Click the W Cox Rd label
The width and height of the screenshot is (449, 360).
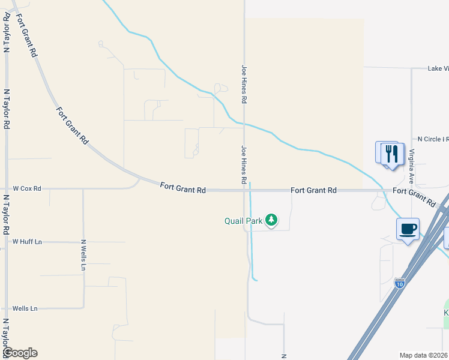(x=27, y=188)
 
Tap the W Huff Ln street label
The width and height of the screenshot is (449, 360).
(x=27, y=242)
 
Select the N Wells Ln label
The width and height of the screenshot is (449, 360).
(x=83, y=255)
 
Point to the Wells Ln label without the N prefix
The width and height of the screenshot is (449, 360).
(x=25, y=308)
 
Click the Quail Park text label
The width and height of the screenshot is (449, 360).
(x=244, y=221)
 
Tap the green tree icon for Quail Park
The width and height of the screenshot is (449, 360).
(x=272, y=220)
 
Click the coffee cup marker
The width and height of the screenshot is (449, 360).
(x=408, y=229)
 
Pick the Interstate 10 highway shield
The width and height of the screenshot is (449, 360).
(x=400, y=283)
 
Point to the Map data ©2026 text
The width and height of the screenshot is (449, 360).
(x=424, y=355)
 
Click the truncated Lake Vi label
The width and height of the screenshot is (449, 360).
(x=438, y=68)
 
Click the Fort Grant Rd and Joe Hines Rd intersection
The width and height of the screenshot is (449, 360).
(x=245, y=190)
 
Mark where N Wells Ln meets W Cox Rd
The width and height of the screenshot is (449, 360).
(x=83, y=189)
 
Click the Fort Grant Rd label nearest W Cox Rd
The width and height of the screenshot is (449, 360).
(x=183, y=188)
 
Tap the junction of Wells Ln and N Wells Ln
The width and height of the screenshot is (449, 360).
(x=83, y=308)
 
